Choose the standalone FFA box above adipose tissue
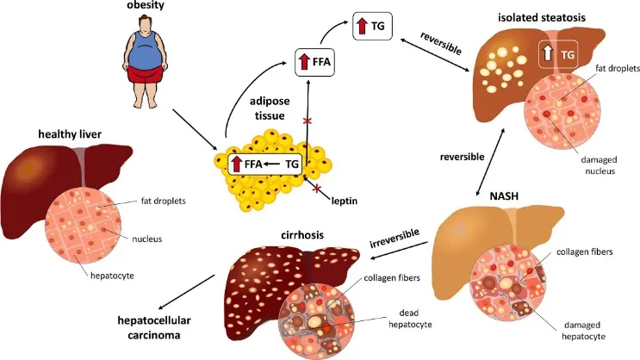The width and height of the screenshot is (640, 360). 311,62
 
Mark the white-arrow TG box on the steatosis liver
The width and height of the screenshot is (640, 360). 556,54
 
